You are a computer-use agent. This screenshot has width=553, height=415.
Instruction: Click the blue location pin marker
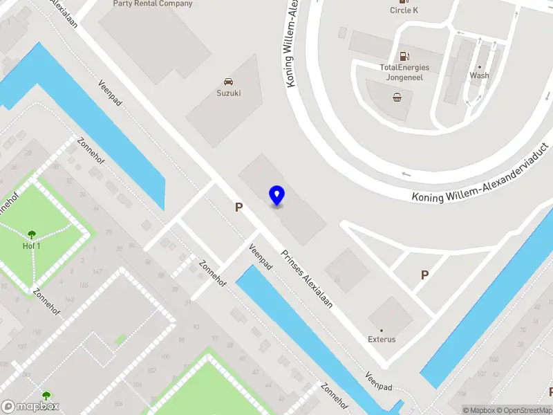coord(276,196)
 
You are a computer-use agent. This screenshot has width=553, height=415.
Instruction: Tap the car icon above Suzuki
coord(228,82)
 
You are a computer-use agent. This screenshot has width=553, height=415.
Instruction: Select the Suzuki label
coord(228,93)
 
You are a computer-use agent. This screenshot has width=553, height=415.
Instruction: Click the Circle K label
coord(404,10)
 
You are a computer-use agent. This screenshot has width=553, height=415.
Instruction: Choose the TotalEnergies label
coord(404,67)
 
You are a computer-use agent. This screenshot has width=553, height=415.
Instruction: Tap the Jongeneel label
coord(404,77)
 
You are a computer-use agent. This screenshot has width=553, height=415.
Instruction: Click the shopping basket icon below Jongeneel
coord(397,98)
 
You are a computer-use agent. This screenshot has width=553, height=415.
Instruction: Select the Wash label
coord(479,75)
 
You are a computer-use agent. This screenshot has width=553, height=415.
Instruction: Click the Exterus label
coord(382,340)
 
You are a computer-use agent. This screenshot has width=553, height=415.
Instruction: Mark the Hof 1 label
coord(32,246)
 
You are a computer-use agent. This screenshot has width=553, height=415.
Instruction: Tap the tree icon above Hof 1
coord(32,234)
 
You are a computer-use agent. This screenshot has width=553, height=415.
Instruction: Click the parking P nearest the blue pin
coord(239,207)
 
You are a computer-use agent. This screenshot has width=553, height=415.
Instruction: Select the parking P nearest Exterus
coord(424,275)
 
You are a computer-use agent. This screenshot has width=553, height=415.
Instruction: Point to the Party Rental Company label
coord(153,3)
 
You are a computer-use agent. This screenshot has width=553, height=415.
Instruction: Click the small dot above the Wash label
coord(480,67)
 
